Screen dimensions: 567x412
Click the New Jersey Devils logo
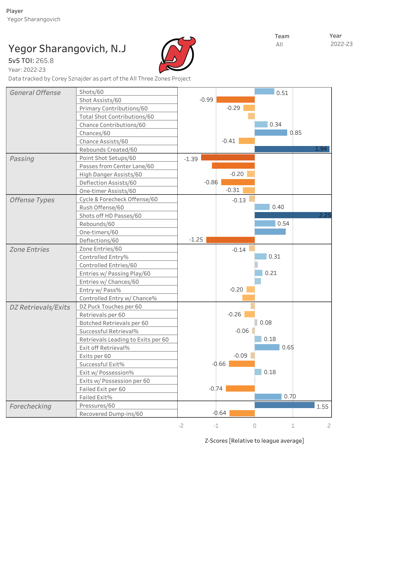pyautogui.click(x=177, y=55)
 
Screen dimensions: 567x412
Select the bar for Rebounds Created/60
pyautogui.click(x=292, y=149)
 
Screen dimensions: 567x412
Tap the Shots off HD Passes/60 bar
pyautogui.click(x=293, y=215)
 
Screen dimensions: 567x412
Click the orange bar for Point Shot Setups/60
pyautogui.click(x=228, y=157)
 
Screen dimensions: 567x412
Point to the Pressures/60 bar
pyautogui.click(x=284, y=405)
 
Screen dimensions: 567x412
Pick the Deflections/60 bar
pyautogui.click(x=230, y=240)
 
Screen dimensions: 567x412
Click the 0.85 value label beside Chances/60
pyautogui.click(x=295, y=133)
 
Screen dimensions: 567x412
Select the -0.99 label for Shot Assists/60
pyautogui.click(x=206, y=100)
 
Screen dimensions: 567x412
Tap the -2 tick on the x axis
pyautogui.click(x=181, y=426)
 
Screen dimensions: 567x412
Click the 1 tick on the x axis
pyautogui.click(x=293, y=426)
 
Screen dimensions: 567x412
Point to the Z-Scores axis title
pyautogui.click(x=254, y=441)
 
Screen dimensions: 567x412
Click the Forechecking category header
pyautogui.click(x=30, y=406)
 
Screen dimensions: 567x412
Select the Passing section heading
pyautogui.click(x=22, y=159)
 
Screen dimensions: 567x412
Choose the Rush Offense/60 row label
pyautogui.click(x=102, y=207)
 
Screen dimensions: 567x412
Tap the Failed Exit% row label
pyautogui.click(x=96, y=397)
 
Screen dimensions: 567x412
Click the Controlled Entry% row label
pyautogui.click(x=104, y=257)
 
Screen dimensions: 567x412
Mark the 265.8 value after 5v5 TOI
pyautogui.click(x=45, y=61)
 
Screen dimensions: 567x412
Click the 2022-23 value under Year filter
pyautogui.click(x=341, y=44)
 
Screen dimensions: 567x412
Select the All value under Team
pyautogui.click(x=279, y=45)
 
